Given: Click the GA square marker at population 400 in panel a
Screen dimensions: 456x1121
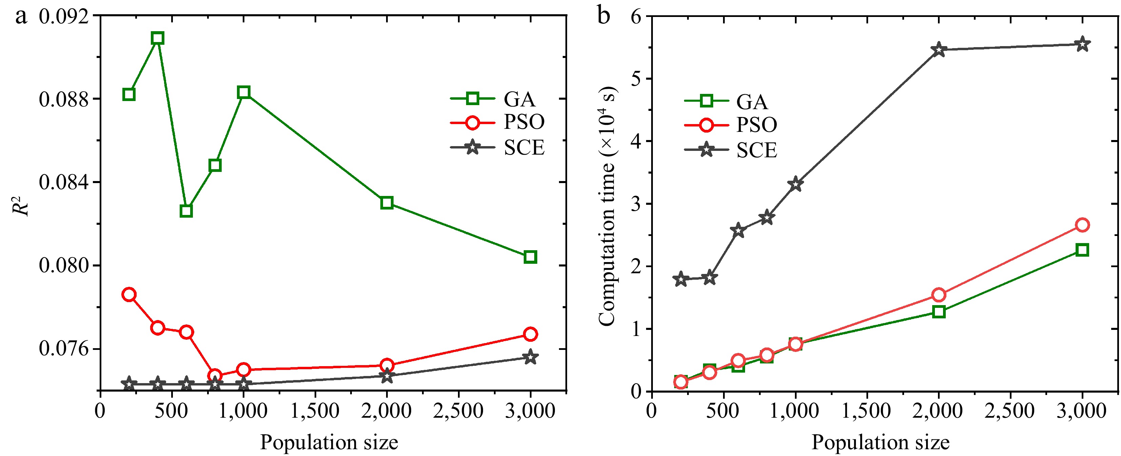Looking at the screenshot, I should [158, 38].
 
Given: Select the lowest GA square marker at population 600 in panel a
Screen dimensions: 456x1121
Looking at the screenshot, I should [186, 211].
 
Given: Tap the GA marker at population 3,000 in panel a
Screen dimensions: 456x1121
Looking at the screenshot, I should [530, 257].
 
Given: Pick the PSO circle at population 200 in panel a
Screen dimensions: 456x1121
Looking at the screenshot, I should [129, 295].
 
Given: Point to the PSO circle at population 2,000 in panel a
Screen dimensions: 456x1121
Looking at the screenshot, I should [387, 365].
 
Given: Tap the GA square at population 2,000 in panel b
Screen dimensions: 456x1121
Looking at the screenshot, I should [939, 312].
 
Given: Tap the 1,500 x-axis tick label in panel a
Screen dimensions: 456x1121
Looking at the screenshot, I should [315, 411].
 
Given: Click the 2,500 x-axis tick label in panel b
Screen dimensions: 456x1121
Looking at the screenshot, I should [1009, 411].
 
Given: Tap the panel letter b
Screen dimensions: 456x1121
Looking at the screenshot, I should [604, 16].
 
